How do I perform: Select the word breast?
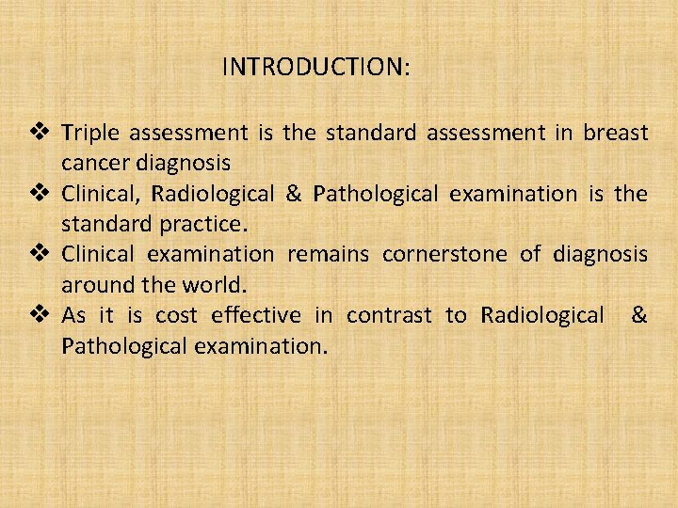coord(615,133)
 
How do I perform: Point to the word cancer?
coord(93,163)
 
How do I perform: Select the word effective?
coord(256,314)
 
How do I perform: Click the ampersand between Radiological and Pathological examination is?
coord(293,194)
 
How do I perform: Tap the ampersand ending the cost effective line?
coord(638,314)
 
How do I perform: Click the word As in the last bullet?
coord(73,314)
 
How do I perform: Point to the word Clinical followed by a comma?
coord(100,194)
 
